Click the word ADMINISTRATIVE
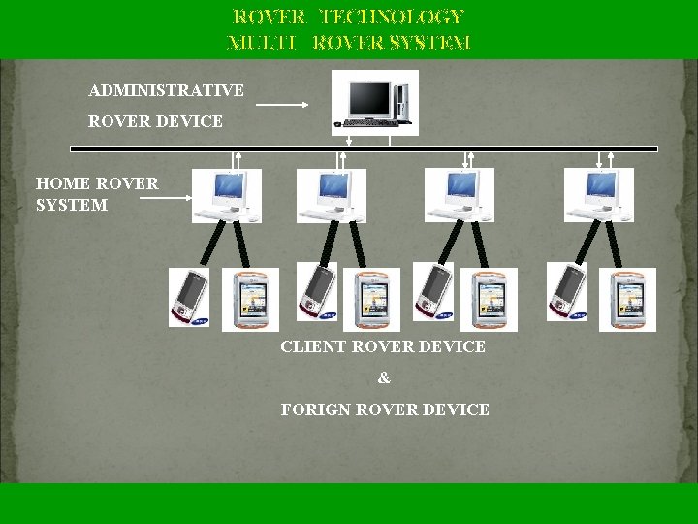pos(166,91)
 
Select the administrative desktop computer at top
pos(374,103)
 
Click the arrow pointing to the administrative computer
pos(282,104)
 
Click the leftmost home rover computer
pos(227,195)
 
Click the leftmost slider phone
pos(188,297)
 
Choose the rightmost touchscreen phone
pos(627,300)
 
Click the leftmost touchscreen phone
pos(250,300)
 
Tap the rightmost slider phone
pos(565,291)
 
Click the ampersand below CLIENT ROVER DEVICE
pos(384,378)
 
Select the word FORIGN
pos(316,410)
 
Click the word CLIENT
pos(313,346)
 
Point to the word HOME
pos(63,182)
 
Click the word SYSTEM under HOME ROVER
pos(72,206)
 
